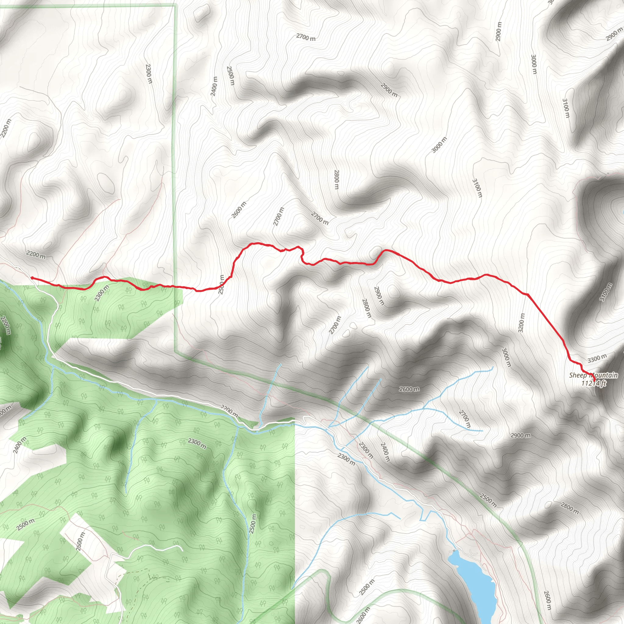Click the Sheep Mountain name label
[x=593, y=375]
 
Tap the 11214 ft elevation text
[x=594, y=383]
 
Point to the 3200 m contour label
[x=521, y=323]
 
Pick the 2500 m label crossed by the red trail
[x=221, y=285]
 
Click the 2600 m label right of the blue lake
[x=547, y=601]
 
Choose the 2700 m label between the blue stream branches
[x=465, y=419]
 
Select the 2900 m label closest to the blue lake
[x=520, y=435]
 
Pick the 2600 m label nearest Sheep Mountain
[x=409, y=389]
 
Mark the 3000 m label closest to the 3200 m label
[x=506, y=357]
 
